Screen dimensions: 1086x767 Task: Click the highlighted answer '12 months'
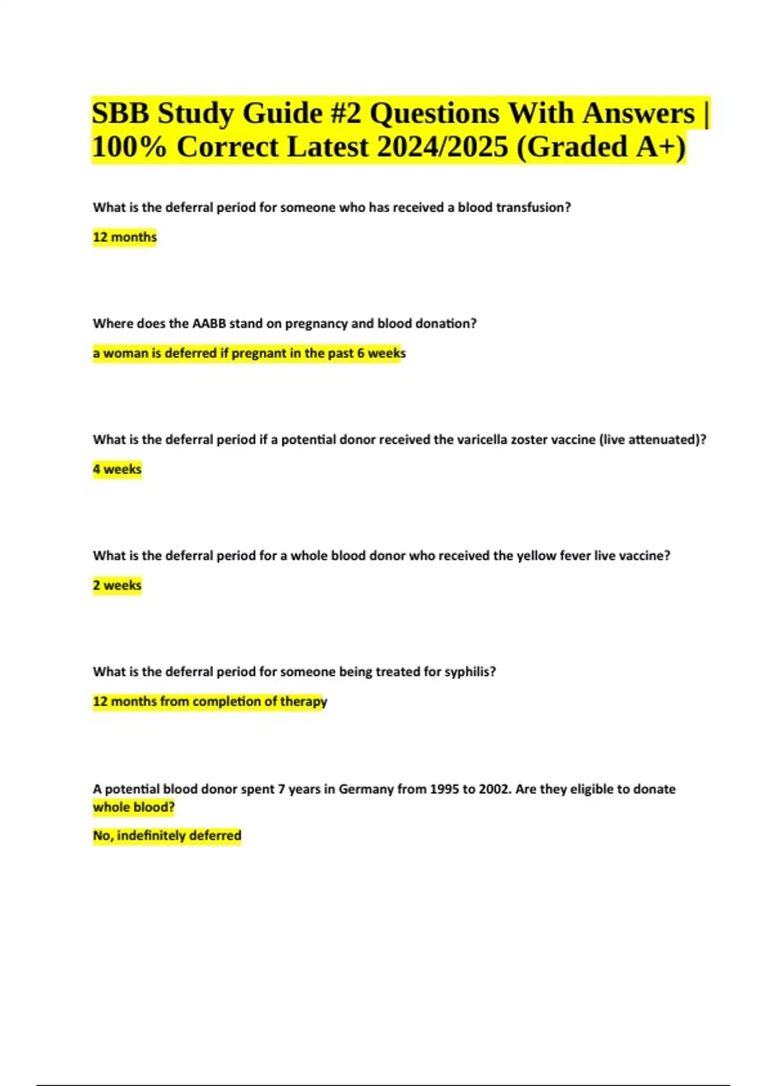coord(125,238)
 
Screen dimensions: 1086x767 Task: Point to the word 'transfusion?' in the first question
coord(531,208)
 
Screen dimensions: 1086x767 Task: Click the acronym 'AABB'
coord(209,324)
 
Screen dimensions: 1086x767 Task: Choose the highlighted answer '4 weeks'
coord(117,470)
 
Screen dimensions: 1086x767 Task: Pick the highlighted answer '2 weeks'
coord(117,586)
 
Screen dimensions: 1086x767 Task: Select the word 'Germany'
coord(366,790)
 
